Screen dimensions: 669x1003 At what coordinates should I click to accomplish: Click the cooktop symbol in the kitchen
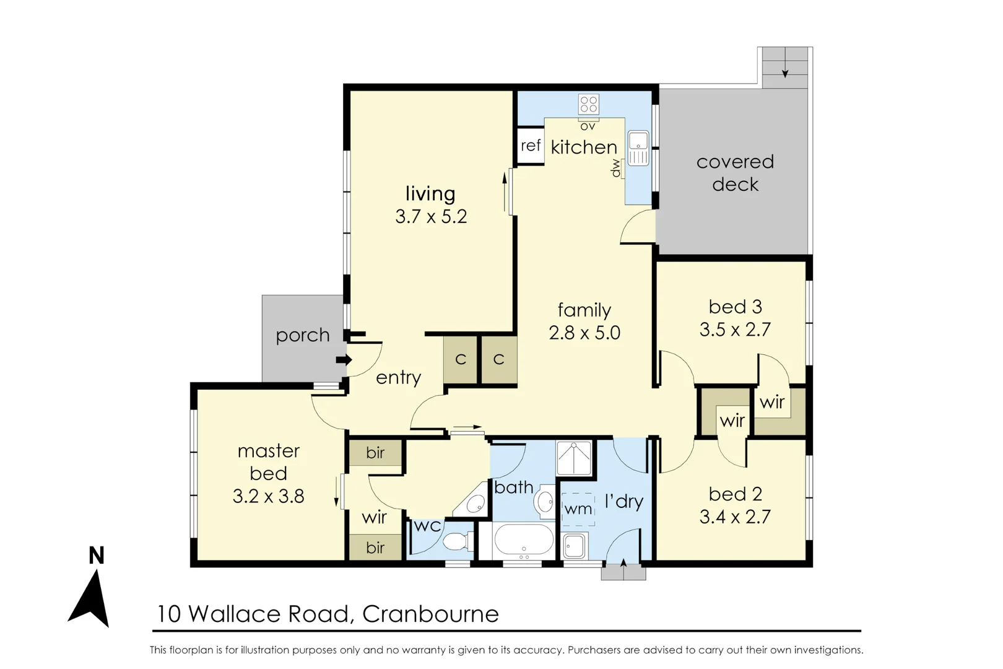pyautogui.click(x=588, y=104)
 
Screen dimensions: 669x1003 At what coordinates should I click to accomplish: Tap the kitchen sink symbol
pyautogui.click(x=638, y=149)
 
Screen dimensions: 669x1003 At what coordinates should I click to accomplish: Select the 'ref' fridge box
pyautogui.click(x=530, y=146)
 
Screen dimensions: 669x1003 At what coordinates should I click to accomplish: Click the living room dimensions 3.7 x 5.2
pyautogui.click(x=431, y=217)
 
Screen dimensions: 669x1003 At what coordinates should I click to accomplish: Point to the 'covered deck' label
pyautogui.click(x=735, y=173)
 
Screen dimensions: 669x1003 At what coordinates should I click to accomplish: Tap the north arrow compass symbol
pyautogui.click(x=90, y=598)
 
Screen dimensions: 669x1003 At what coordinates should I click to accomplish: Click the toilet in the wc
pyautogui.click(x=456, y=541)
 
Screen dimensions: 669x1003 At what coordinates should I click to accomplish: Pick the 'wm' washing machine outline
pyautogui.click(x=578, y=509)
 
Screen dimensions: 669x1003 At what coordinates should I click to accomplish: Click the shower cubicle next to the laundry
pyautogui.click(x=574, y=458)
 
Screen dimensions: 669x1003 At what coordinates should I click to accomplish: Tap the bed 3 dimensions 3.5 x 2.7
pyautogui.click(x=735, y=330)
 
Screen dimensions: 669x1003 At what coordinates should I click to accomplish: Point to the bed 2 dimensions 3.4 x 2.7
pyautogui.click(x=735, y=517)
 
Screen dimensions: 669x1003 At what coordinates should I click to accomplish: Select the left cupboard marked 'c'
pyautogui.click(x=460, y=360)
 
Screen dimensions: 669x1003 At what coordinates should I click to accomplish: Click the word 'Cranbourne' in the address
pyautogui.click(x=430, y=614)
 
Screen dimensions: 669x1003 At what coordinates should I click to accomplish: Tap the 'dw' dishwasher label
pyautogui.click(x=616, y=168)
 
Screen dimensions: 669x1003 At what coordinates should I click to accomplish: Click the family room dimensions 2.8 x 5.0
pyautogui.click(x=584, y=333)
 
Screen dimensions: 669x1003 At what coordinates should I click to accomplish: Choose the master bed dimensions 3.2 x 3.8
pyautogui.click(x=268, y=496)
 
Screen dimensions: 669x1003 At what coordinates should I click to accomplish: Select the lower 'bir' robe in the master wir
pyautogui.click(x=375, y=548)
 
